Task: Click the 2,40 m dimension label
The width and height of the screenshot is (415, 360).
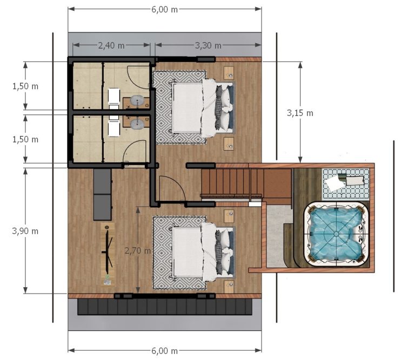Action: [x=111, y=46]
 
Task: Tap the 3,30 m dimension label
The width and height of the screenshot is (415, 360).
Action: [x=208, y=46]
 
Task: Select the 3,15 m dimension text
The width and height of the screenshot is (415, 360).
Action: [x=300, y=113]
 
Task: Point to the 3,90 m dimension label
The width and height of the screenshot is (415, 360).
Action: [x=25, y=231]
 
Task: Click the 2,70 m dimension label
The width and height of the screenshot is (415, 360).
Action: [x=138, y=250]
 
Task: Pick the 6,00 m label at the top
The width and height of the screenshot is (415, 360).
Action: [x=164, y=10]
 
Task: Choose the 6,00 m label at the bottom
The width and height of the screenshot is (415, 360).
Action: [x=164, y=351]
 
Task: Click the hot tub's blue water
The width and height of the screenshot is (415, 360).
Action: [x=336, y=234]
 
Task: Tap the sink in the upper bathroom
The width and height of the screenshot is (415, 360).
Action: [x=138, y=101]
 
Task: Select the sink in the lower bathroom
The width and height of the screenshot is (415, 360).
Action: [x=138, y=123]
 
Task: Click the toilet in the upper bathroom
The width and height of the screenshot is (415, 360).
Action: [x=114, y=98]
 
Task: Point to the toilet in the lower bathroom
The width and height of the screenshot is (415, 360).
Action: [x=114, y=126]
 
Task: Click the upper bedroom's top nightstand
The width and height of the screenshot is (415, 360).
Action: [x=229, y=73]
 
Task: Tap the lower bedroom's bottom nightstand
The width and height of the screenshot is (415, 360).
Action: [x=229, y=287]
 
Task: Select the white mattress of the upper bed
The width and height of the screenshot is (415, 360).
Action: [x=188, y=107]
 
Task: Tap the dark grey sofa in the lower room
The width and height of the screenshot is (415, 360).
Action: [x=102, y=194]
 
